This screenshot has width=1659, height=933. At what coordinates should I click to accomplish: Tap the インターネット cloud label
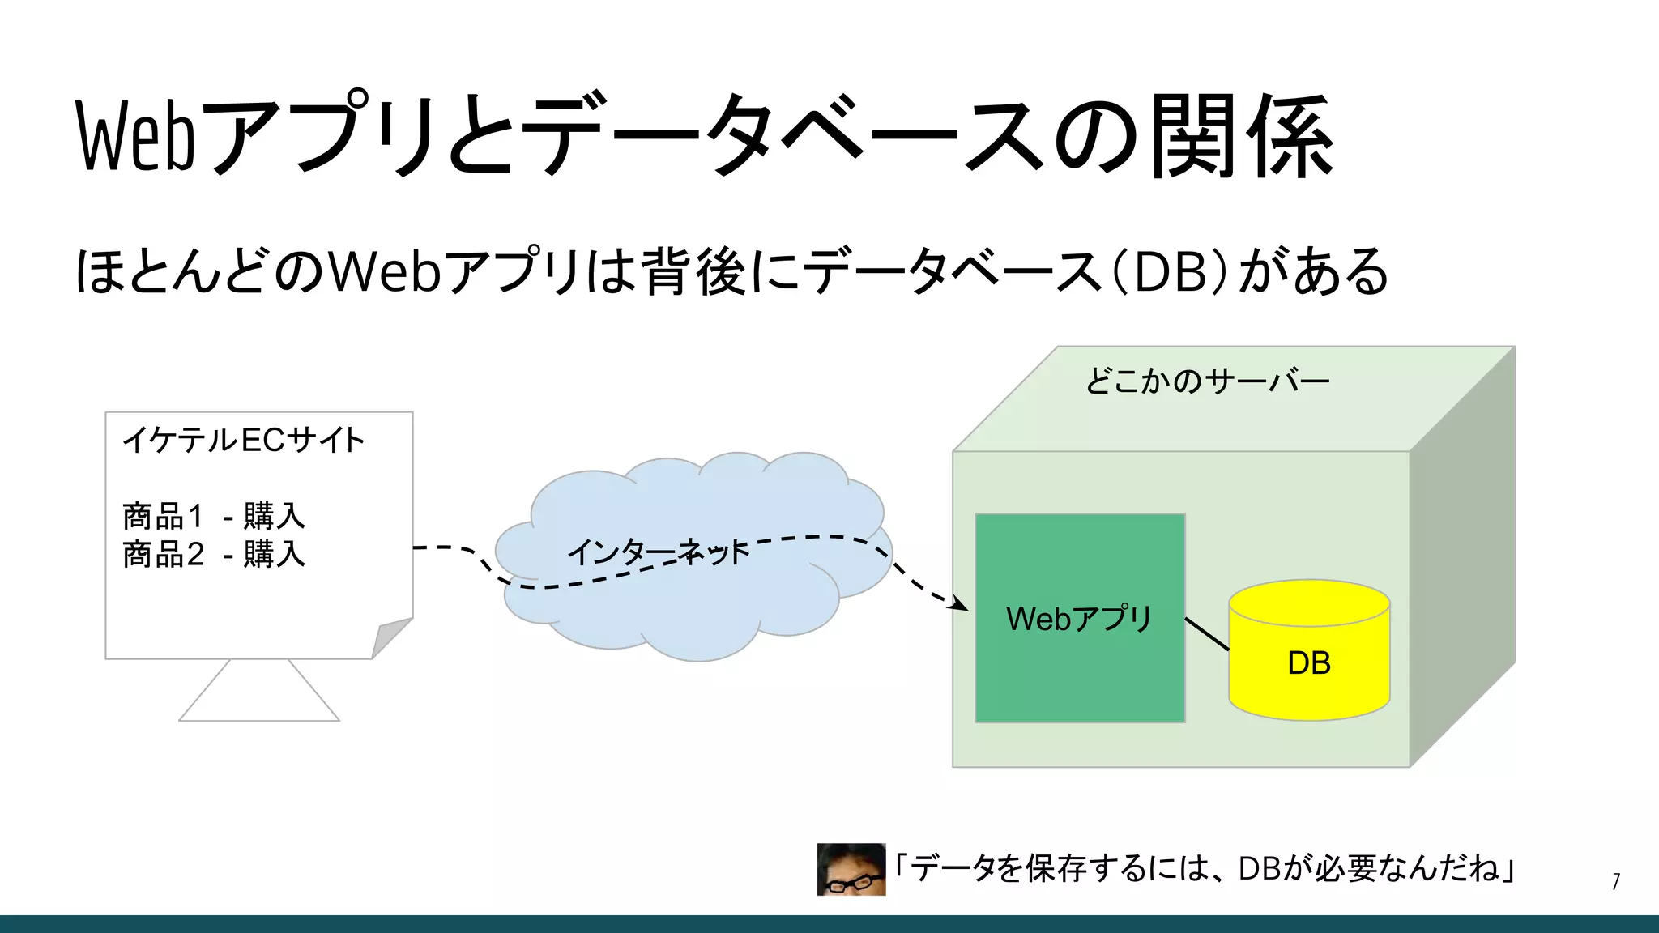click(x=658, y=552)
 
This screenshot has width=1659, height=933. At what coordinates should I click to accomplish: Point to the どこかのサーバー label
click(x=1207, y=381)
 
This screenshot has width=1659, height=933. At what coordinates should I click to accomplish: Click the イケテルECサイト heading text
click(x=243, y=440)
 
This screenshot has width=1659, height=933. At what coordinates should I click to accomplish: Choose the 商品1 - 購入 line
click(x=214, y=515)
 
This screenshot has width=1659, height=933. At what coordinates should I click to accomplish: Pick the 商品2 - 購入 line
click(x=214, y=554)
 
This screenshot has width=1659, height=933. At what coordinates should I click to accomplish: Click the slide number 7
click(x=1615, y=881)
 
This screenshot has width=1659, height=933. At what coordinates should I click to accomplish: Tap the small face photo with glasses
click(x=851, y=869)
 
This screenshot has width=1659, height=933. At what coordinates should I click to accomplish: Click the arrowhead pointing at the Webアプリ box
click(x=961, y=604)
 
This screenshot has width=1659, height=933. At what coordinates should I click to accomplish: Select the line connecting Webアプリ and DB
click(x=1207, y=633)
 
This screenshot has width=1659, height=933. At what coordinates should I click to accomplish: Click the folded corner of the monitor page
click(x=390, y=637)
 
